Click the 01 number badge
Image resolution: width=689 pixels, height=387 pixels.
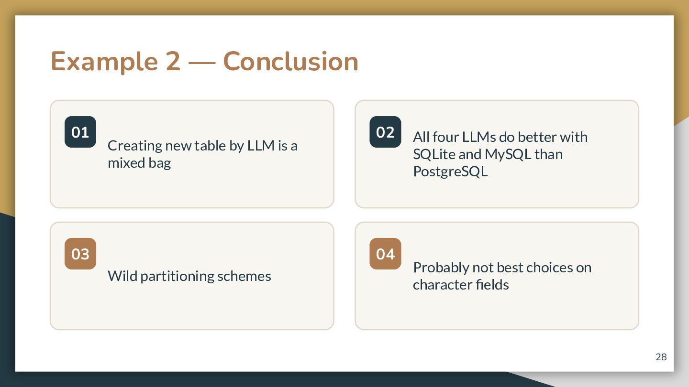(x=80, y=132)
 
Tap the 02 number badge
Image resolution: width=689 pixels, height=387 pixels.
(x=385, y=132)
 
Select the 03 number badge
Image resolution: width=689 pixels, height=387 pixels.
(x=80, y=254)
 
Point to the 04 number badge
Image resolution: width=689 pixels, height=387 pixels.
(x=385, y=254)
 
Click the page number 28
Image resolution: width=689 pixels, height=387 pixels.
(x=661, y=357)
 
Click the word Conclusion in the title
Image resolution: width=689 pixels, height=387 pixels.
(x=291, y=62)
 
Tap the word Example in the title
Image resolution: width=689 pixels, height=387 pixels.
(x=104, y=62)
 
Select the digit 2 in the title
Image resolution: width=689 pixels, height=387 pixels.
(x=173, y=62)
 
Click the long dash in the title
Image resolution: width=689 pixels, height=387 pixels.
(x=202, y=64)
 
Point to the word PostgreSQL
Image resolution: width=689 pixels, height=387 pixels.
(x=450, y=172)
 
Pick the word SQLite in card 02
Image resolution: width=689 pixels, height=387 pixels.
(x=434, y=154)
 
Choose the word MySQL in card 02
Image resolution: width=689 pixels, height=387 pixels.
(x=508, y=154)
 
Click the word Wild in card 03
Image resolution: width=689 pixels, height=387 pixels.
(x=122, y=276)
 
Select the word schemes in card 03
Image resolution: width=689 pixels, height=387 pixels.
(x=244, y=276)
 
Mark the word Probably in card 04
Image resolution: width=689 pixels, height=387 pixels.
(x=441, y=268)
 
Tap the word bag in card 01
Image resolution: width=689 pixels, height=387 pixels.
(x=160, y=163)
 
